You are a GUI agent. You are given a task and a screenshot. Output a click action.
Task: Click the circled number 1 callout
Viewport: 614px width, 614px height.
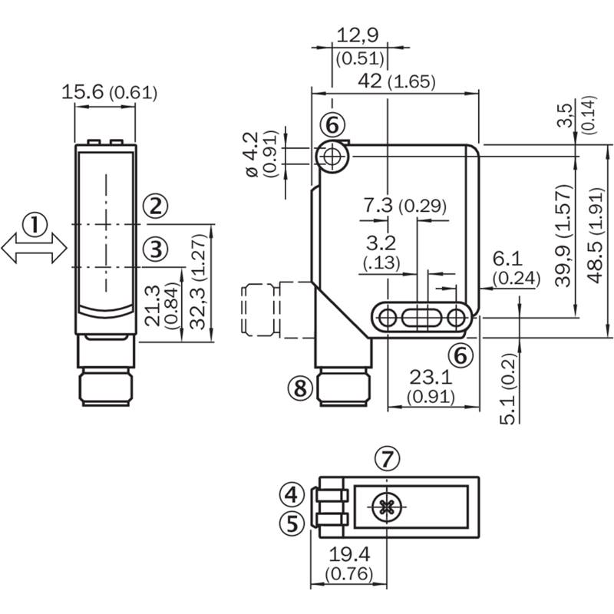pyautogui.click(x=35, y=225)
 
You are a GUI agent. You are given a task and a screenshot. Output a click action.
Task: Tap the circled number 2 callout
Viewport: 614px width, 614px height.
pyautogui.click(x=156, y=206)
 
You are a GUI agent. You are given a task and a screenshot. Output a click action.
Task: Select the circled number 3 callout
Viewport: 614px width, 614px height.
pyautogui.click(x=156, y=249)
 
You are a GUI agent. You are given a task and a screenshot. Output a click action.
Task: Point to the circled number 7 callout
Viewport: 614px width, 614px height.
pyautogui.click(x=387, y=458)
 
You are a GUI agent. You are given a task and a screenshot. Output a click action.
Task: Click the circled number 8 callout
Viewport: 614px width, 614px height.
pyautogui.click(x=300, y=388)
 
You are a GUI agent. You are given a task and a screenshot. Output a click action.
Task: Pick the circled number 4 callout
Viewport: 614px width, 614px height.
pyautogui.click(x=292, y=494)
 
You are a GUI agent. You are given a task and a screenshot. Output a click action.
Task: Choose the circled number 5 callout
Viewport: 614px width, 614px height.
pyautogui.click(x=292, y=523)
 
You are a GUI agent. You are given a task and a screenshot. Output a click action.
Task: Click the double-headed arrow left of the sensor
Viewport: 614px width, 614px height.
pyautogui.click(x=35, y=248)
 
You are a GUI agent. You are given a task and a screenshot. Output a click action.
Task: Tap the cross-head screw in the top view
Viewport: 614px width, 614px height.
pyautogui.click(x=387, y=507)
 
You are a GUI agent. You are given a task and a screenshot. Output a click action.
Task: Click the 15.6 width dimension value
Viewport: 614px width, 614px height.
pyautogui.click(x=83, y=92)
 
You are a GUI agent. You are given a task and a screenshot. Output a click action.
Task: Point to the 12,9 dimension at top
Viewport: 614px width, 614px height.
pyautogui.click(x=358, y=35)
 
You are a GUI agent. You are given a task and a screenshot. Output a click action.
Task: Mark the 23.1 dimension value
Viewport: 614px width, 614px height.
pyautogui.click(x=431, y=378)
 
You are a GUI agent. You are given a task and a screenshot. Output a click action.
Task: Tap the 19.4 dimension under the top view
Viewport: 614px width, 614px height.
pyautogui.click(x=349, y=554)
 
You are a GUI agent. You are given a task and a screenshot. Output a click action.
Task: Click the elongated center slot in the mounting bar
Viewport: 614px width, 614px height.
pyautogui.click(x=420, y=318)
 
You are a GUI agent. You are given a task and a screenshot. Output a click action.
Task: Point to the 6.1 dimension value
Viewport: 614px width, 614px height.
pyautogui.click(x=507, y=259)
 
